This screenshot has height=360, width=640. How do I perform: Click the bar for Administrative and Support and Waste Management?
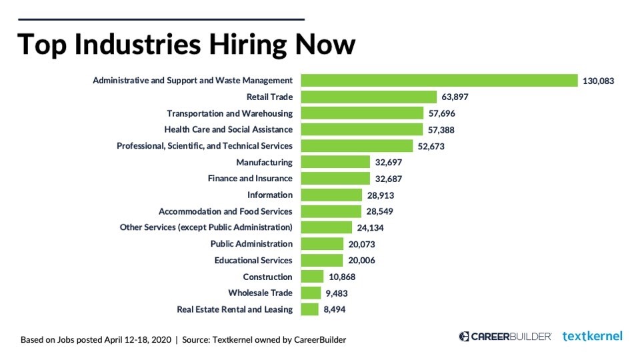(x=439, y=81)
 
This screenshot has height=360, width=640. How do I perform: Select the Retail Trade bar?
(x=369, y=97)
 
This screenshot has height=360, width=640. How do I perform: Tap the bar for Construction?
(x=312, y=277)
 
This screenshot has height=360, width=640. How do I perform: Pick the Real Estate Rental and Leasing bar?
(x=310, y=309)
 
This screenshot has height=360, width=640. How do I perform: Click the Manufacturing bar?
(x=335, y=162)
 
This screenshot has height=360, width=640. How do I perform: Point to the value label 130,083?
(x=598, y=81)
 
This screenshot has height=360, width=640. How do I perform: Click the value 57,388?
(x=441, y=130)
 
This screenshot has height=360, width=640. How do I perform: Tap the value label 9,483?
(x=336, y=293)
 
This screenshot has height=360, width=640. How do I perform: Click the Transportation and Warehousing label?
(x=229, y=113)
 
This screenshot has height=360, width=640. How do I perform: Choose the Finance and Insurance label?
(x=250, y=179)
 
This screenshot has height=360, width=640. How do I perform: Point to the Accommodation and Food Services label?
(x=225, y=211)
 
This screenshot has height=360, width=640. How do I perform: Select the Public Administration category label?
(x=251, y=244)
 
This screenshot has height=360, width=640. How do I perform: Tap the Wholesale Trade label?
(x=260, y=293)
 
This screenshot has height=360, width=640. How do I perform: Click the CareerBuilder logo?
(x=505, y=337)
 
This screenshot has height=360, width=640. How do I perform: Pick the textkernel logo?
(x=592, y=336)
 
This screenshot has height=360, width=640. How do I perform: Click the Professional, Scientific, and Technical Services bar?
(x=357, y=146)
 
